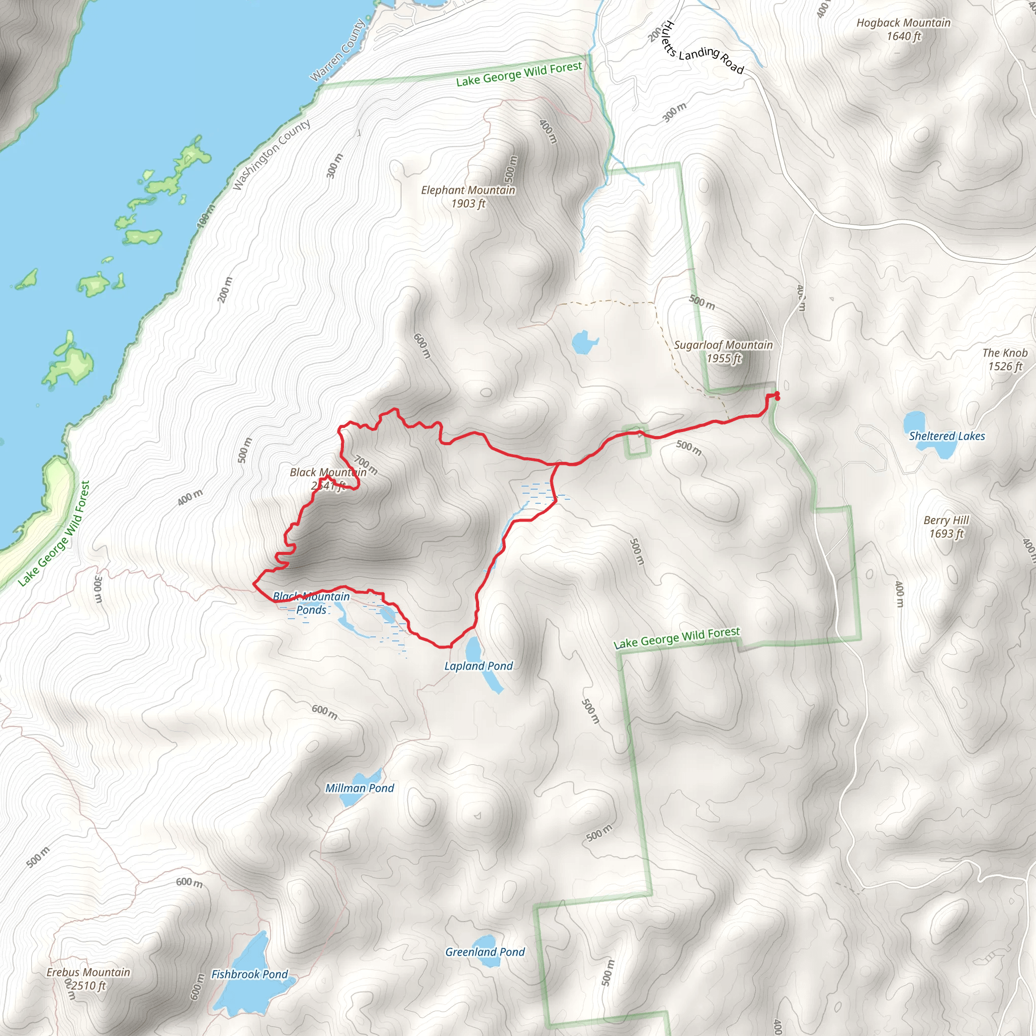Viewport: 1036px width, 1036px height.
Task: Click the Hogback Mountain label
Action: coord(903,29)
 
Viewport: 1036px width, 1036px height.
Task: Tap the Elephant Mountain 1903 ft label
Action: coord(467,196)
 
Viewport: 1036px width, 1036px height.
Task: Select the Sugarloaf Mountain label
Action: coord(723,351)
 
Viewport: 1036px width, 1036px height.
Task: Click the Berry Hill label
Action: coord(946,527)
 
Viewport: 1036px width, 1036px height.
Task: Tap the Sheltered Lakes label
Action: coord(946,436)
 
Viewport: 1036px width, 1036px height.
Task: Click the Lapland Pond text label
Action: coord(479,666)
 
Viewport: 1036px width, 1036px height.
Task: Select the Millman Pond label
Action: coord(359,788)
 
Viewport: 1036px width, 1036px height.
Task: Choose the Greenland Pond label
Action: coord(485,952)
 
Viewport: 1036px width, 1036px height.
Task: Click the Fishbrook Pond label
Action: coord(249,974)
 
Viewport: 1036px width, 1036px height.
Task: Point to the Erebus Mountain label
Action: coord(89,979)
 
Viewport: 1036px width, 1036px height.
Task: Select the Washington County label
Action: coord(271,154)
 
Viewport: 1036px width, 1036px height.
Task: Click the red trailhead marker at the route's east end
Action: coord(776,396)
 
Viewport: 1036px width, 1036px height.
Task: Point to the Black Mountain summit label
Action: coord(328,479)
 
